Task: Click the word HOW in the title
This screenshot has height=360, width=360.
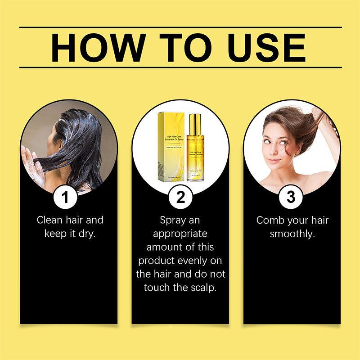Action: click(93, 47)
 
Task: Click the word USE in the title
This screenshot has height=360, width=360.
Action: click(266, 47)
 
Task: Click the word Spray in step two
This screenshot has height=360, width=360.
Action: click(173, 220)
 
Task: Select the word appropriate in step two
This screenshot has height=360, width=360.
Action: click(180, 234)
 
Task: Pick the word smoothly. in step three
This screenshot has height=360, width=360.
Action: click(292, 234)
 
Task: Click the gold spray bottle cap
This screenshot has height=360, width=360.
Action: click(195, 124)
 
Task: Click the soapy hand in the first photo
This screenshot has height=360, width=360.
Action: click(34, 166)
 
